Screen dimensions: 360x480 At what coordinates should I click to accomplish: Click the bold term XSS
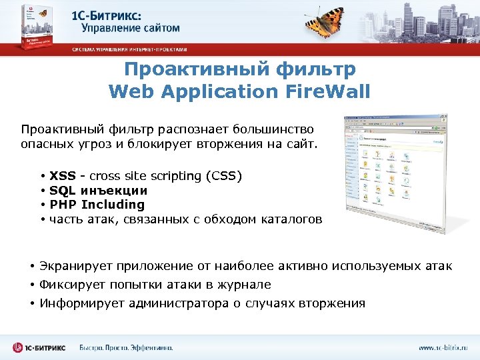63,176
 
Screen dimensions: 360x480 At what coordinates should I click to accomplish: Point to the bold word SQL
62,191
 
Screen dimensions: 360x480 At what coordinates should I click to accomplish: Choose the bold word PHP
63,205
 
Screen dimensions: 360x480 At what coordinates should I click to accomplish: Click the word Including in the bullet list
113,205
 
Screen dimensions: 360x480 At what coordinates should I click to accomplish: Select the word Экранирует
75,267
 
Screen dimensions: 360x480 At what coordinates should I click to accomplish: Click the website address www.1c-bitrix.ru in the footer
443,347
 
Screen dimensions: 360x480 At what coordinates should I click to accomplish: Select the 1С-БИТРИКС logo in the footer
42,347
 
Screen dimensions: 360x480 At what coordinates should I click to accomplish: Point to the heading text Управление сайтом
131,28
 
